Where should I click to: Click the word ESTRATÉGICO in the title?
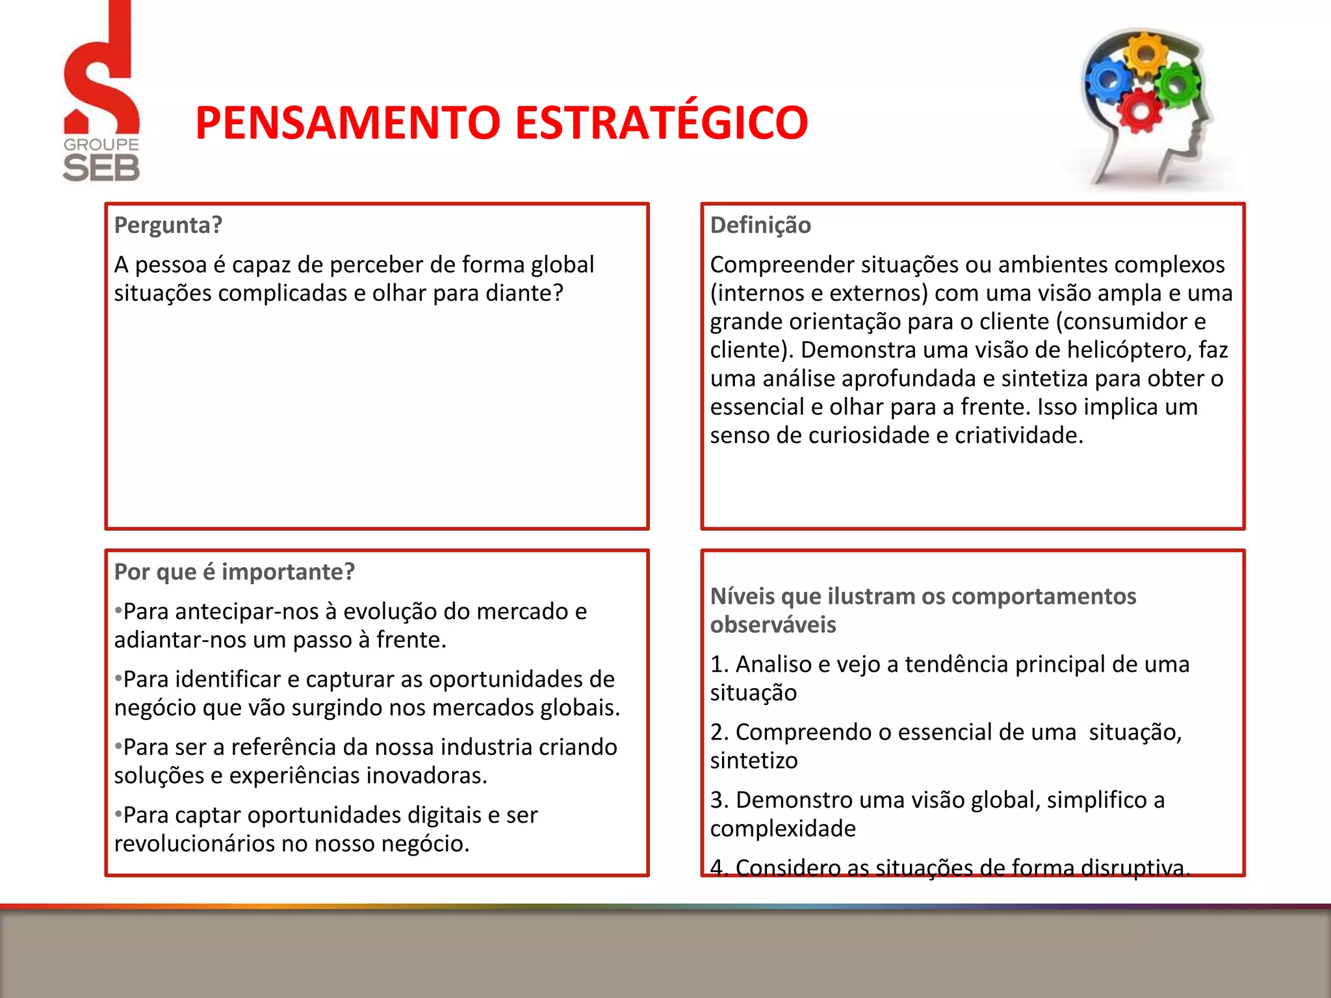662,123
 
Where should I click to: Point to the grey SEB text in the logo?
101,168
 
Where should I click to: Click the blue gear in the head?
1109,81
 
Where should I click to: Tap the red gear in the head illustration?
1141,110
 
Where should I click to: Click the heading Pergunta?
168,225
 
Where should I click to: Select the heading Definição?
760,225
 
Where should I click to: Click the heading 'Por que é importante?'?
235,572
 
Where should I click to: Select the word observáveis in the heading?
773,625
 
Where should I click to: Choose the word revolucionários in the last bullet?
195,844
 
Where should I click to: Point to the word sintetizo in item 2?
754,761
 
